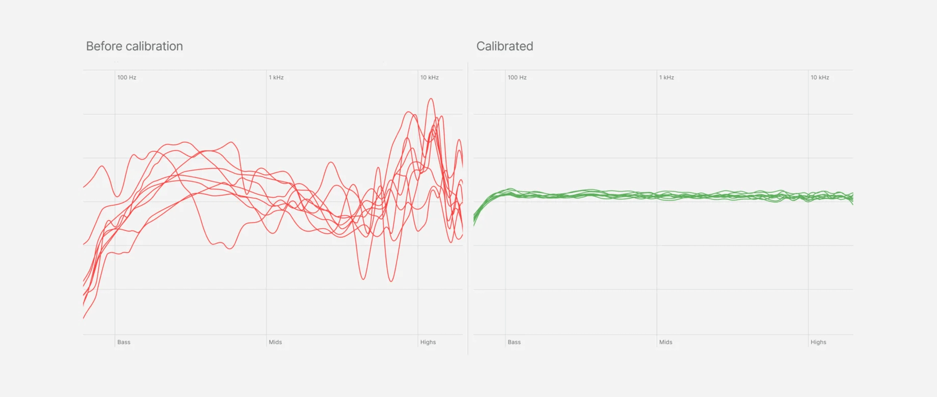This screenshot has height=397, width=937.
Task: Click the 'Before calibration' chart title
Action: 134,46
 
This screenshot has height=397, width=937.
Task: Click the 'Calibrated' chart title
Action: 504,46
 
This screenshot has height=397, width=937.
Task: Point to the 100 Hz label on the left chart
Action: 127,78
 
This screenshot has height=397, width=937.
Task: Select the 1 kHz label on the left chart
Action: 276,78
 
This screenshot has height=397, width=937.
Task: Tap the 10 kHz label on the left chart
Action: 429,78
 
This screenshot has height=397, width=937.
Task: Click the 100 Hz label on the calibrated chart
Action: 517,78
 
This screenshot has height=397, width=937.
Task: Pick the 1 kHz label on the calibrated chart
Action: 667,78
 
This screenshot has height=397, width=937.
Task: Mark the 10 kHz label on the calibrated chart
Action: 820,78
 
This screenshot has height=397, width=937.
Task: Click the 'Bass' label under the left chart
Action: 124,342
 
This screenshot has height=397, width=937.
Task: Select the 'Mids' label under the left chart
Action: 275,342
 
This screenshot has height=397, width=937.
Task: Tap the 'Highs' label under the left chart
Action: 428,342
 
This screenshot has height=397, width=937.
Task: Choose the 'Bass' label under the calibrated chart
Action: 514,342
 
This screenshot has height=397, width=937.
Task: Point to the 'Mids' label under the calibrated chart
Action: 666,342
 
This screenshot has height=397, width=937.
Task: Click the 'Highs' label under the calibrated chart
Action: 818,342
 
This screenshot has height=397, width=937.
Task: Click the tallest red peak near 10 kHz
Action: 431,99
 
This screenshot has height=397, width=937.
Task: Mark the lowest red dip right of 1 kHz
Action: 391,281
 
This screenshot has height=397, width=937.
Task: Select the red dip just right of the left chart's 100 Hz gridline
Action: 118,196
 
